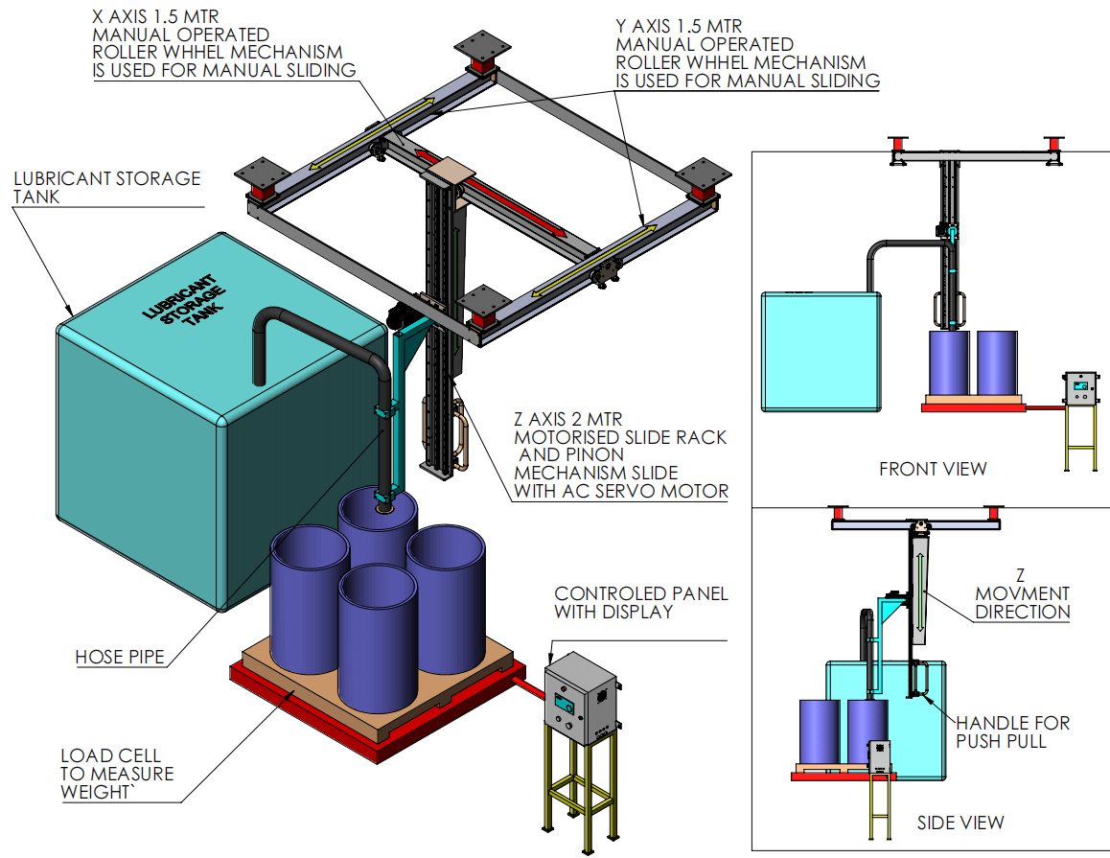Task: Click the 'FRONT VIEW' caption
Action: tap(933, 469)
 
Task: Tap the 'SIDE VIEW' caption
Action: tap(960, 823)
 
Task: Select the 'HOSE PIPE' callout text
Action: tap(120, 657)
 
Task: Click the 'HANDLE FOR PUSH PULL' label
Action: tap(1012, 732)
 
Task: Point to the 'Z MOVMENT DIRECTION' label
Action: tap(1022, 593)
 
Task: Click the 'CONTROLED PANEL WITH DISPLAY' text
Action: tap(640, 602)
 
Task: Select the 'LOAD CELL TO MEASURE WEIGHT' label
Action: tap(117, 774)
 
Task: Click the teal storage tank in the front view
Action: tap(820, 351)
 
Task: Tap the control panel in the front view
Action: tap(1080, 387)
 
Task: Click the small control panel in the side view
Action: tap(879, 755)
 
